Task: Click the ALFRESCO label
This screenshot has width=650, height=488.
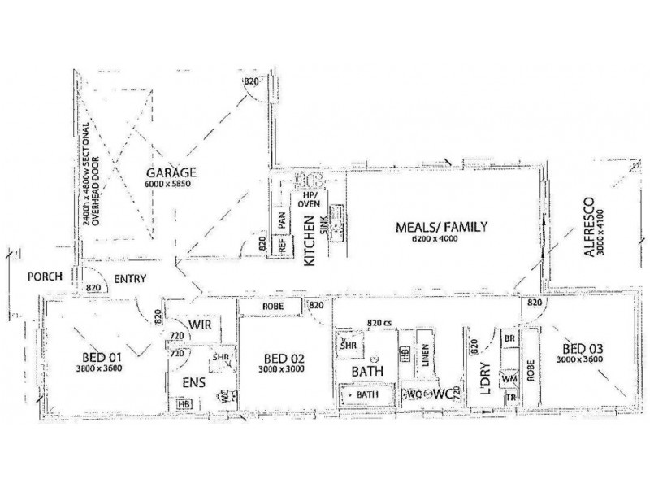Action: pos(591,227)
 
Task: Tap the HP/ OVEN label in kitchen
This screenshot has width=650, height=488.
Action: pos(308,200)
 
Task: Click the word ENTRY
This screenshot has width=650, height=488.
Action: pos(130,279)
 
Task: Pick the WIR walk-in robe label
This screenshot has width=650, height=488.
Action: pos(200,325)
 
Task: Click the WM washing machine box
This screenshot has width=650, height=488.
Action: pos(510,380)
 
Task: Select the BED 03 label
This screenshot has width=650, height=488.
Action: pos(582,347)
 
